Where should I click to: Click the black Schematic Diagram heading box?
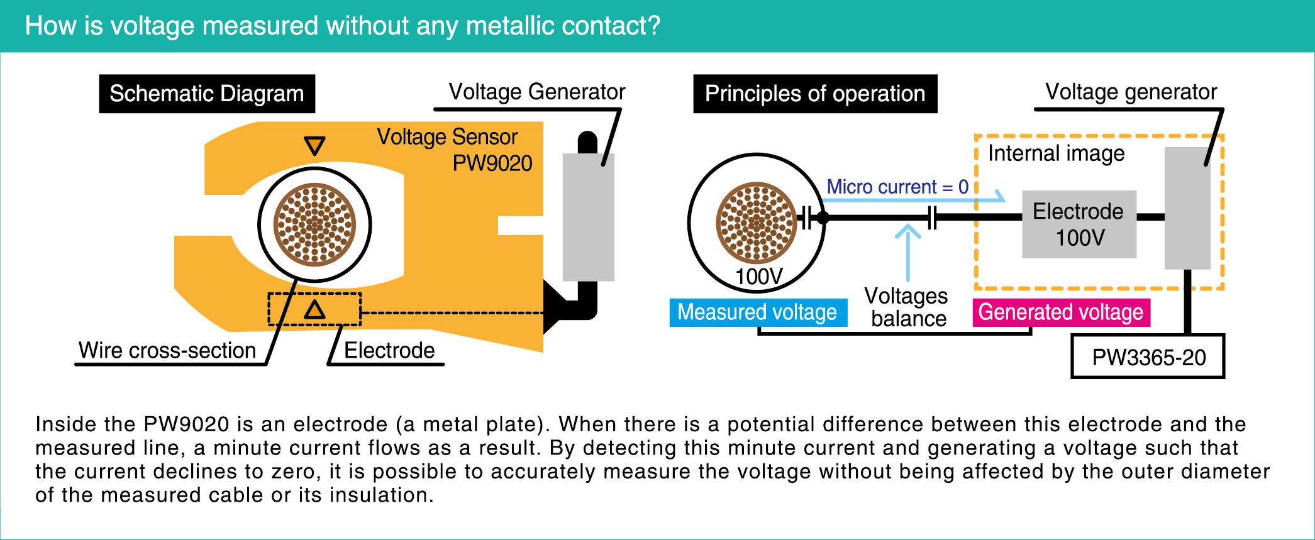click(x=206, y=94)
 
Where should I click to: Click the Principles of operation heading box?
click(x=814, y=94)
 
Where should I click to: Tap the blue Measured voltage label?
click(x=757, y=312)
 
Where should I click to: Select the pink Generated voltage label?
click(x=1060, y=312)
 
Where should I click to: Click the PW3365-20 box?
click(x=1148, y=357)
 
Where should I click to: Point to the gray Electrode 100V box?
click(x=1079, y=224)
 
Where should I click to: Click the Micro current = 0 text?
click(x=897, y=187)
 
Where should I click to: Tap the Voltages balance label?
click(x=907, y=307)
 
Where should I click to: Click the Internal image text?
click(x=1056, y=153)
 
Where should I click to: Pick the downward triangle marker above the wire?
click(x=314, y=145)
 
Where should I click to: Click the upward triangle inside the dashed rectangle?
click(x=314, y=310)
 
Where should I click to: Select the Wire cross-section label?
click(x=167, y=350)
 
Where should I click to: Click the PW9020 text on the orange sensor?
click(x=492, y=163)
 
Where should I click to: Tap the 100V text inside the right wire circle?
click(x=758, y=276)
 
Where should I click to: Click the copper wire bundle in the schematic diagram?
click(x=314, y=224)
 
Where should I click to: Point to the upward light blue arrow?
click(x=907, y=251)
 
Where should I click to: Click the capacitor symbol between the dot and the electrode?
click(x=932, y=218)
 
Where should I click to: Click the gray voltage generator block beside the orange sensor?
click(x=588, y=217)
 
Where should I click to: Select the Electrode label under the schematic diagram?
click(x=389, y=350)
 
